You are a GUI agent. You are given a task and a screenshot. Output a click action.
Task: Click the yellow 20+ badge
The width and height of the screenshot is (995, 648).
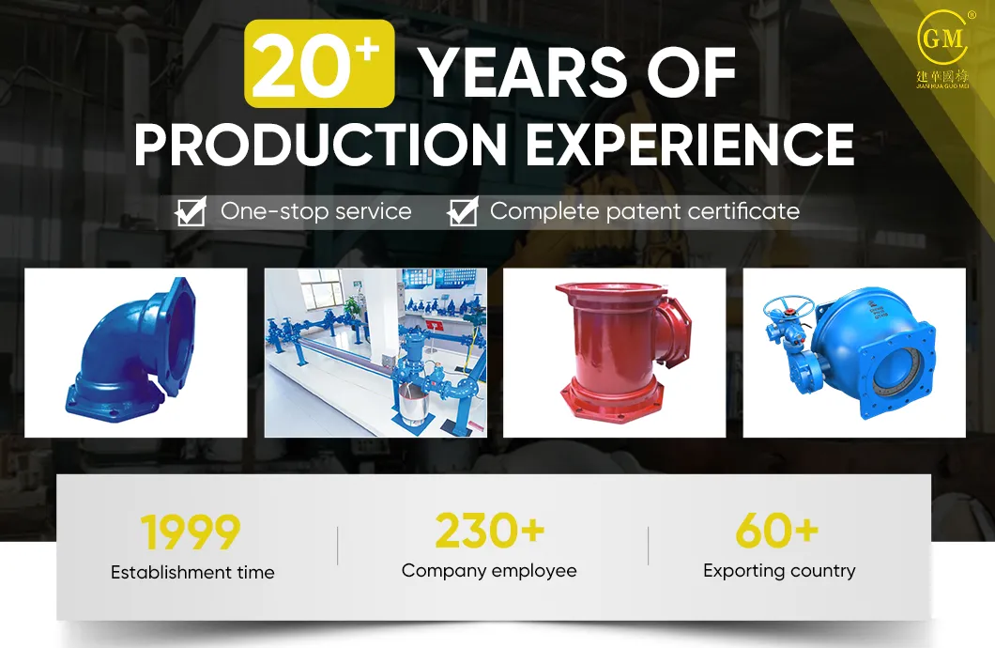tap(319, 64)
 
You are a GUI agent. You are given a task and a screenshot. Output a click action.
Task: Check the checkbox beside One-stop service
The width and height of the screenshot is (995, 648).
tap(191, 212)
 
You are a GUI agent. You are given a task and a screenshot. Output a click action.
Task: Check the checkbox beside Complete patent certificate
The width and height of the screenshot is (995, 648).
tap(462, 212)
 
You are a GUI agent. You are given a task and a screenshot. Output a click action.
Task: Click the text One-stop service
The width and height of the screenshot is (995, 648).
tap(315, 211)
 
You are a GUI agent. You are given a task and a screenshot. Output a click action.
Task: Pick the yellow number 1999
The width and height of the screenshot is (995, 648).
tap(191, 532)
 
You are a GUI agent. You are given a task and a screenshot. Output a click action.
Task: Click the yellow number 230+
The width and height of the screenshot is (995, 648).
tap(489, 532)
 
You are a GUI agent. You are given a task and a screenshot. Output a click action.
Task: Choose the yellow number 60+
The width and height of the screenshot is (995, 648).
tap(777, 532)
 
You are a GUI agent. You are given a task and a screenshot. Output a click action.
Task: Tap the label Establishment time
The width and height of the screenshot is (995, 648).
tap(192, 572)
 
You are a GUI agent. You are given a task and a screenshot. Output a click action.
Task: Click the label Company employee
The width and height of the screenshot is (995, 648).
tap(489, 570)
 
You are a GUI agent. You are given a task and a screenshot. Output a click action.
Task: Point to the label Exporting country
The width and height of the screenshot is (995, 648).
tap(779, 570)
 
